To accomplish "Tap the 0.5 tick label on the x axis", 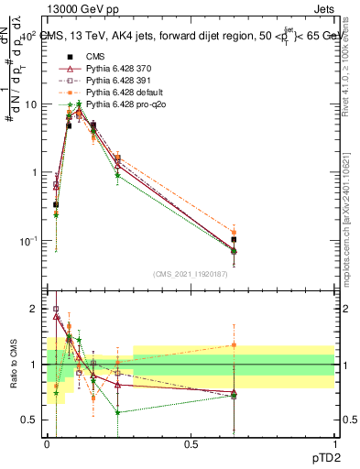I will pyautogui.click(x=191, y=445).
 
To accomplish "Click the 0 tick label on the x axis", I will pyautogui.click(x=48, y=445).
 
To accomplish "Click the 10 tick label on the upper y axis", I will pyautogui.click(x=31, y=104).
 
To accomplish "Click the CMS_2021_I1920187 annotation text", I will pyautogui.click(x=190, y=274).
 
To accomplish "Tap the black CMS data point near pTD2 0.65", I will pyautogui.click(x=234, y=240).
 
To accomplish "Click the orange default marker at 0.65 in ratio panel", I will pyautogui.click(x=234, y=345).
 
